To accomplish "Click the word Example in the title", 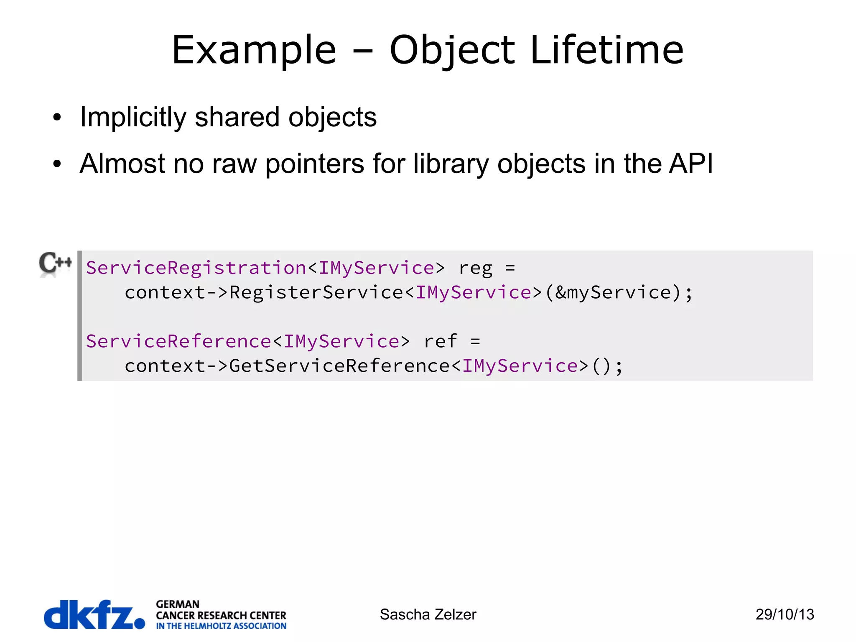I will [254, 50].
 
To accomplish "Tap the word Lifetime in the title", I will [607, 50].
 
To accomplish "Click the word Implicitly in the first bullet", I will [133, 117].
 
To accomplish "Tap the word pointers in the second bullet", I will [315, 164].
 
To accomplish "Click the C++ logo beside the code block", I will [55, 263].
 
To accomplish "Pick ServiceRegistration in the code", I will [196, 268].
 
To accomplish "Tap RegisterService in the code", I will [316, 292].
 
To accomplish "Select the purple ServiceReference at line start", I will [179, 341].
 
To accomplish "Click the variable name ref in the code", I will [441, 341].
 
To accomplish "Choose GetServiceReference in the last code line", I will [339, 366].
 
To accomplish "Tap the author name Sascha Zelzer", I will [428, 614].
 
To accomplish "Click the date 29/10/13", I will [785, 614].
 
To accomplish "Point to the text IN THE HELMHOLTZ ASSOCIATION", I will [221, 626].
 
